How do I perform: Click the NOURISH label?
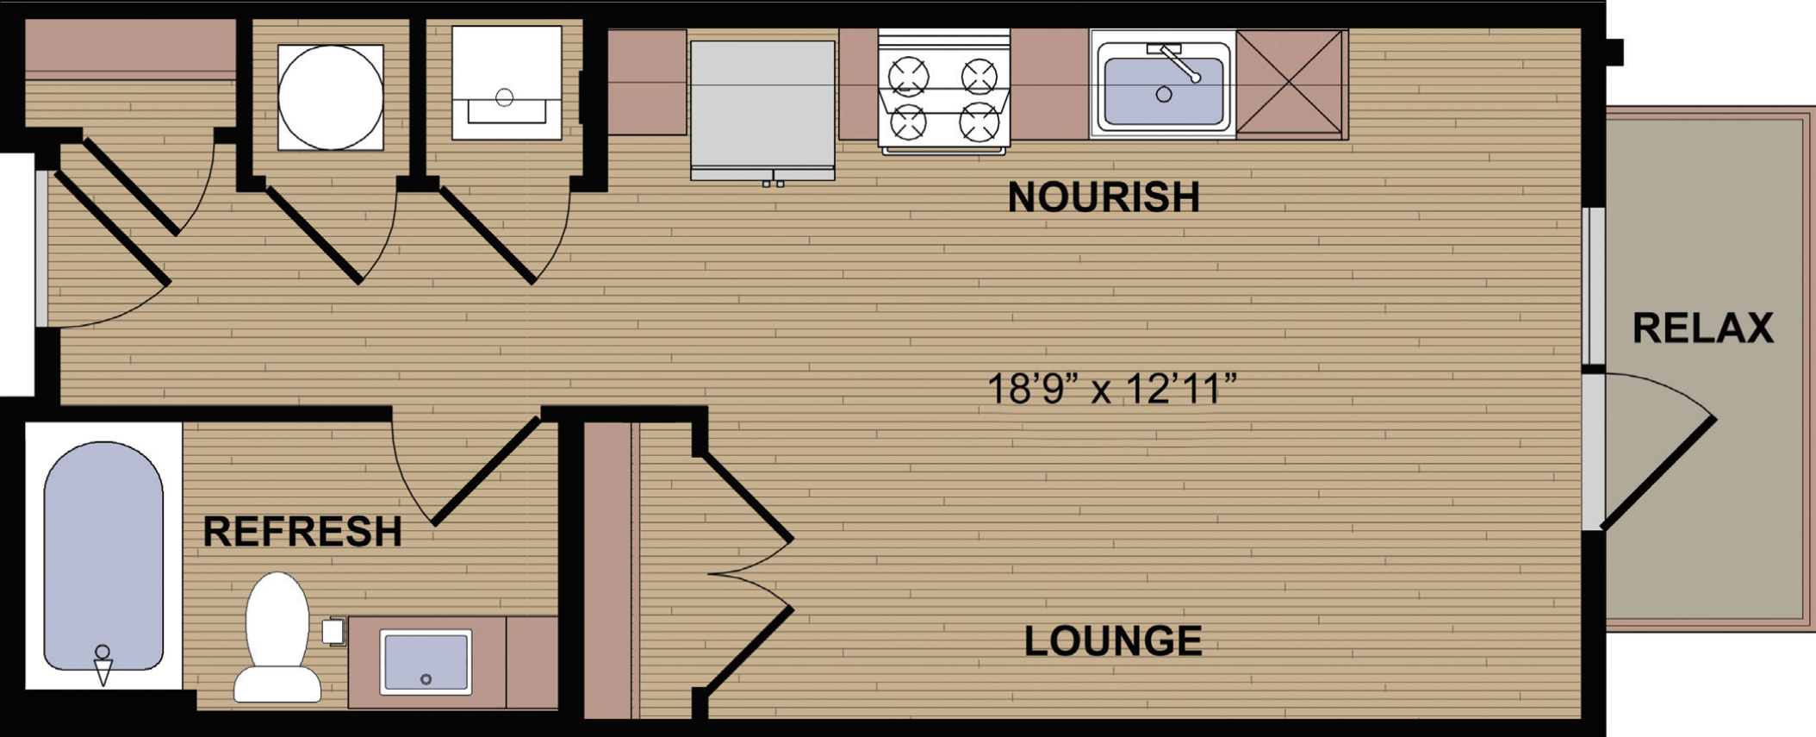(1104, 197)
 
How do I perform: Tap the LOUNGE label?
(1113, 641)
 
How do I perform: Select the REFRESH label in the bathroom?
(302, 532)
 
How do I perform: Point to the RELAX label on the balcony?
(1703, 328)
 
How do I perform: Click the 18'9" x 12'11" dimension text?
(1111, 389)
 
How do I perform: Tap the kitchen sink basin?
(1163, 91)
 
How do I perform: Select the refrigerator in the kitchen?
(762, 110)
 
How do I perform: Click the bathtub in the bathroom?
(103, 556)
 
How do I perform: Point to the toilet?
(277, 638)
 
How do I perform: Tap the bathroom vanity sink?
(426, 662)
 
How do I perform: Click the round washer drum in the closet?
(331, 97)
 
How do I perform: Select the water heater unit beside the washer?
(507, 83)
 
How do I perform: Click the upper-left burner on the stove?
(909, 76)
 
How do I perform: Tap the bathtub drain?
(103, 652)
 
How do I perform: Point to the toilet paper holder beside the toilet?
(333, 631)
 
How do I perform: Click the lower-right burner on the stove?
(980, 122)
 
